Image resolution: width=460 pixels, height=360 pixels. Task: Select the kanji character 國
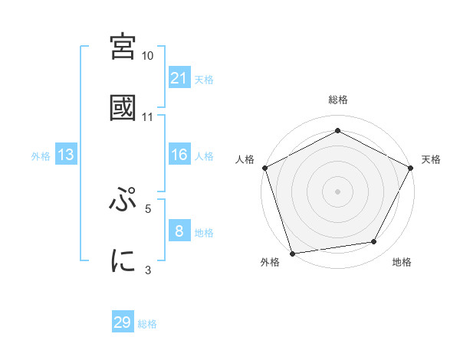123,107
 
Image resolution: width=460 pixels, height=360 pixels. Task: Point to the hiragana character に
123,260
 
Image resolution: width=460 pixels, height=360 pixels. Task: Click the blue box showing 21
179,78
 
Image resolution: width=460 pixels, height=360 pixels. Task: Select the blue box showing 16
179,155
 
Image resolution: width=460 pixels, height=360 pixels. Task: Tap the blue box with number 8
179,231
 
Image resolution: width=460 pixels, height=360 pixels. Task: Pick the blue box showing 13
66,155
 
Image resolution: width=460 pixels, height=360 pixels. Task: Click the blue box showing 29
123,322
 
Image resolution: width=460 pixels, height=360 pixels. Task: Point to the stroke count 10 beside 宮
148,57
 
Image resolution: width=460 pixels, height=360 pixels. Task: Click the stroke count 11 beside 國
148,117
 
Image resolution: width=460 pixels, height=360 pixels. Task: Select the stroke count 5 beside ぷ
148,208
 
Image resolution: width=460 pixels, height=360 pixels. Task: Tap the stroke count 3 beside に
148,269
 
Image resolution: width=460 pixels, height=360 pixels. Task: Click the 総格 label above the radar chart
337,100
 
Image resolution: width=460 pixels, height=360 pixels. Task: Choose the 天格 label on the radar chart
431,159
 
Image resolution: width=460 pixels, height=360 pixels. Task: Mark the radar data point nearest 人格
264,167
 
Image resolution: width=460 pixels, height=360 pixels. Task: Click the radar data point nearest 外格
293,252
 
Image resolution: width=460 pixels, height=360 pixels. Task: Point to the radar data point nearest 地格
374,242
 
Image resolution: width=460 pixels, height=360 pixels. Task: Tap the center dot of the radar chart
337,191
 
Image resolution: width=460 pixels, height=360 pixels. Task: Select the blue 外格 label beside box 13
41,156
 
